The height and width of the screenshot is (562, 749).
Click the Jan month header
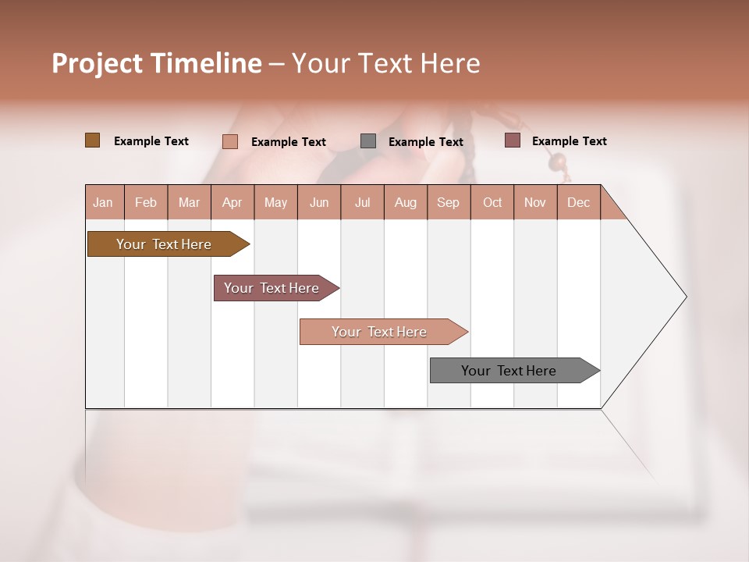(x=104, y=202)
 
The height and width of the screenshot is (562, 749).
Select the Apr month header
(x=233, y=202)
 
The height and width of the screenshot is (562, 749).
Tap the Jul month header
(x=363, y=202)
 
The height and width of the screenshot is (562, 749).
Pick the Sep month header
(x=449, y=202)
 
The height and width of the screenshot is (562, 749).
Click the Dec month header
(x=578, y=202)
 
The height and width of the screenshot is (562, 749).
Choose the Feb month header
(x=146, y=202)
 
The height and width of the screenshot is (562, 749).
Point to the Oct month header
(x=492, y=202)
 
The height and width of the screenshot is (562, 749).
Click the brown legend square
(x=93, y=140)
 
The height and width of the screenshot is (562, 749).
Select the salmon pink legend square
(x=230, y=141)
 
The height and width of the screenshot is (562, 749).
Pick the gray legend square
(x=368, y=141)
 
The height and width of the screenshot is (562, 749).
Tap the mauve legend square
(x=512, y=140)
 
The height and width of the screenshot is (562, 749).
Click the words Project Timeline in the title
(x=157, y=63)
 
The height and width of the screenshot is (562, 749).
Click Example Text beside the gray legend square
(x=426, y=142)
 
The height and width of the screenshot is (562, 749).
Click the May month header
(x=275, y=202)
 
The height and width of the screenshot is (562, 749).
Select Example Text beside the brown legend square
(x=151, y=141)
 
